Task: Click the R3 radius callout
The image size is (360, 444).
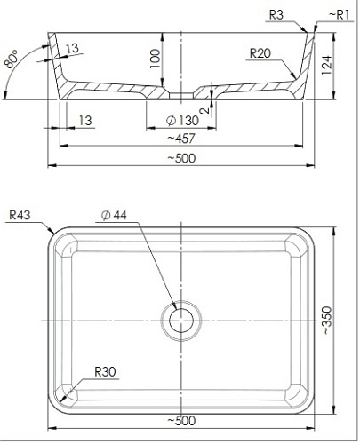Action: click(x=276, y=15)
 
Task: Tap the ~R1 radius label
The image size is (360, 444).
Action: click(x=340, y=15)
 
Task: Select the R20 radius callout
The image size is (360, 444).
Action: click(x=260, y=53)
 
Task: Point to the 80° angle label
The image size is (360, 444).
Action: click(x=12, y=59)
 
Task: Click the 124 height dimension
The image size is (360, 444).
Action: click(x=326, y=65)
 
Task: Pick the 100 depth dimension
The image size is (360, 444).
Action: click(x=155, y=59)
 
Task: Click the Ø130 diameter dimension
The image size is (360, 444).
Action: click(x=182, y=121)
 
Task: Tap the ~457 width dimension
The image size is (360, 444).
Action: click(x=181, y=139)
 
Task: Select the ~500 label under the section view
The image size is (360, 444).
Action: click(x=181, y=158)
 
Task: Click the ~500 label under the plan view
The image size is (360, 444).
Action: click(x=181, y=421)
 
